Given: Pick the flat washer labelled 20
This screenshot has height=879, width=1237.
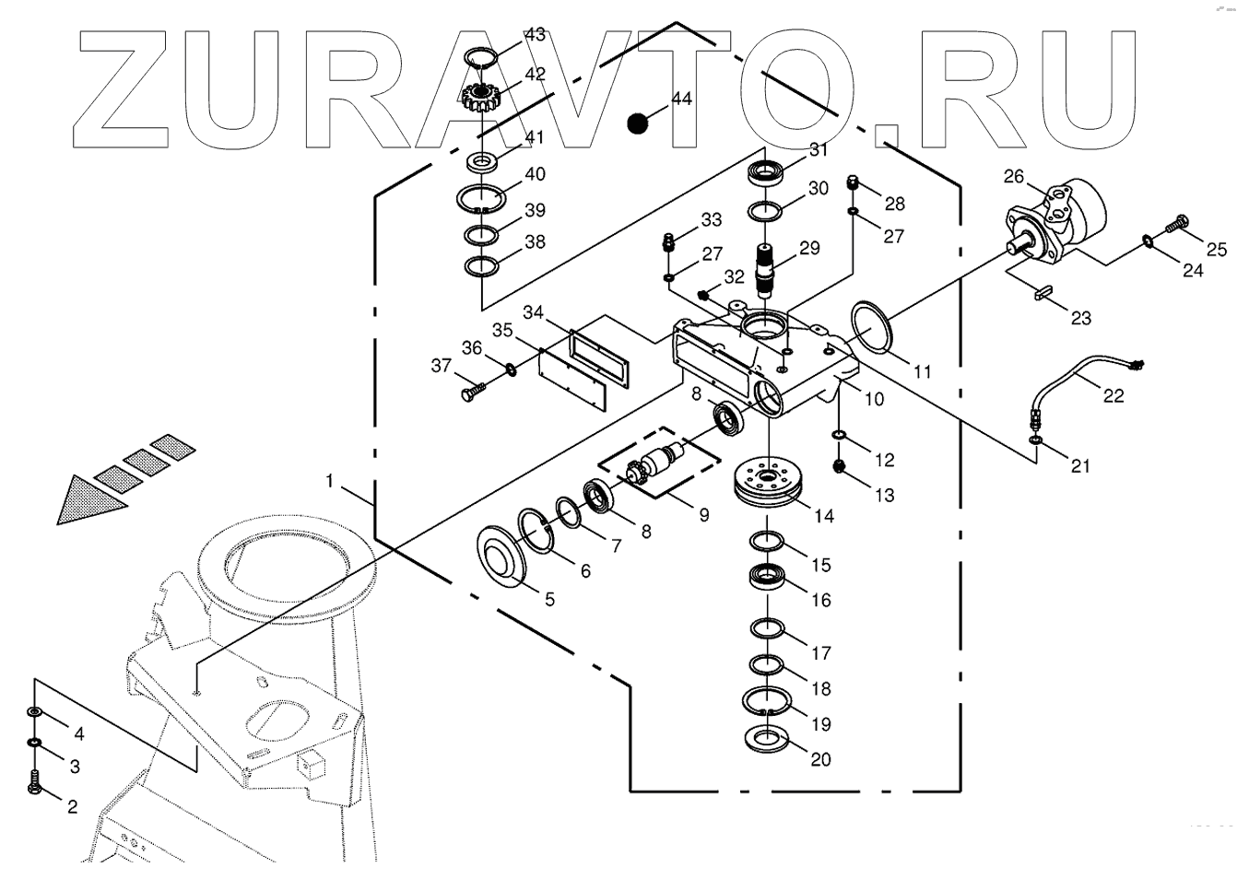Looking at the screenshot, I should pos(765,738).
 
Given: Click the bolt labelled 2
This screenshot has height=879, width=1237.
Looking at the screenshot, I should pos(34,781).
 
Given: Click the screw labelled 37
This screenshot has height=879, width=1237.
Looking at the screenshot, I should pos(468,394).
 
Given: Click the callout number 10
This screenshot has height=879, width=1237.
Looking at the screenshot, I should pos(873,399).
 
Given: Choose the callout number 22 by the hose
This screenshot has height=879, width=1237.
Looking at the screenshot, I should pos(1113,395).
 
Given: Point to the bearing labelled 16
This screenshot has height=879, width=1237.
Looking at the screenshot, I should pos(766,579).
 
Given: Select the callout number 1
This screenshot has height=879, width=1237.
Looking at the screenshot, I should pos(328,480).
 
